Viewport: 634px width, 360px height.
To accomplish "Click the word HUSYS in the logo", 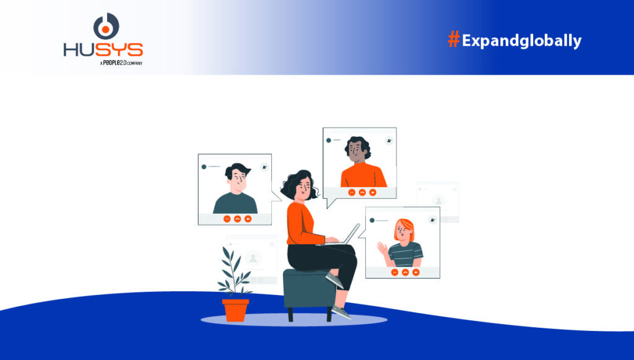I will point(103,50).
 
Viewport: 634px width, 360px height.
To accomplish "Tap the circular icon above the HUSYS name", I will point(106,27).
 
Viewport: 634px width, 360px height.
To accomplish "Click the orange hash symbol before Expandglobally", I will point(454,40).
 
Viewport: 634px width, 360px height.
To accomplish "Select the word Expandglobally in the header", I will point(521,42).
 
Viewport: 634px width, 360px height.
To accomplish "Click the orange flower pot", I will point(235,310).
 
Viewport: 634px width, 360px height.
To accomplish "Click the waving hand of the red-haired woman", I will point(383,249).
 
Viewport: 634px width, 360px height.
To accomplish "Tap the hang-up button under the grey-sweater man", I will point(237,219).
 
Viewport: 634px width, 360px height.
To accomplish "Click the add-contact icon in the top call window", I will point(389,141).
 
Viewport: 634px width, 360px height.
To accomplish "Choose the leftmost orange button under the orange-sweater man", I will point(352,193).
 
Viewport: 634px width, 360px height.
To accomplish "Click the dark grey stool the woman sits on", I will point(308,289).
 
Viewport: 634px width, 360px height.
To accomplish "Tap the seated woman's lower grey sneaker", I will point(341,312).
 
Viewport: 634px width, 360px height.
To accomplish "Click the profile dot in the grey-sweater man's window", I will point(204,167).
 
